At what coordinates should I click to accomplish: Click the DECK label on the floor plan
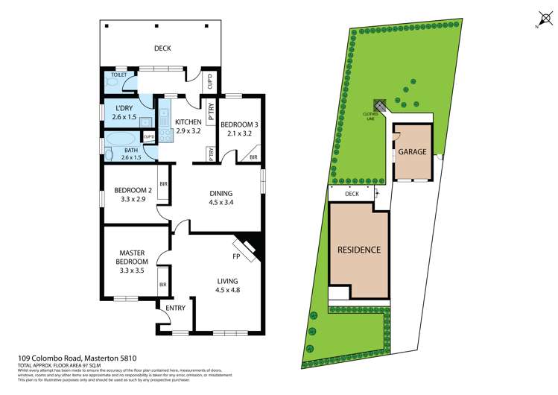162,48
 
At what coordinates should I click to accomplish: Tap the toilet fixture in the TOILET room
111,83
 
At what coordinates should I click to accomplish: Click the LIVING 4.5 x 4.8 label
227,285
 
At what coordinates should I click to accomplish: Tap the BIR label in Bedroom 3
253,157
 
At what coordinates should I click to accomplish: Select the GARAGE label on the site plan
412,151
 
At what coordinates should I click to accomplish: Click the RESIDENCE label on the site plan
360,250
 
